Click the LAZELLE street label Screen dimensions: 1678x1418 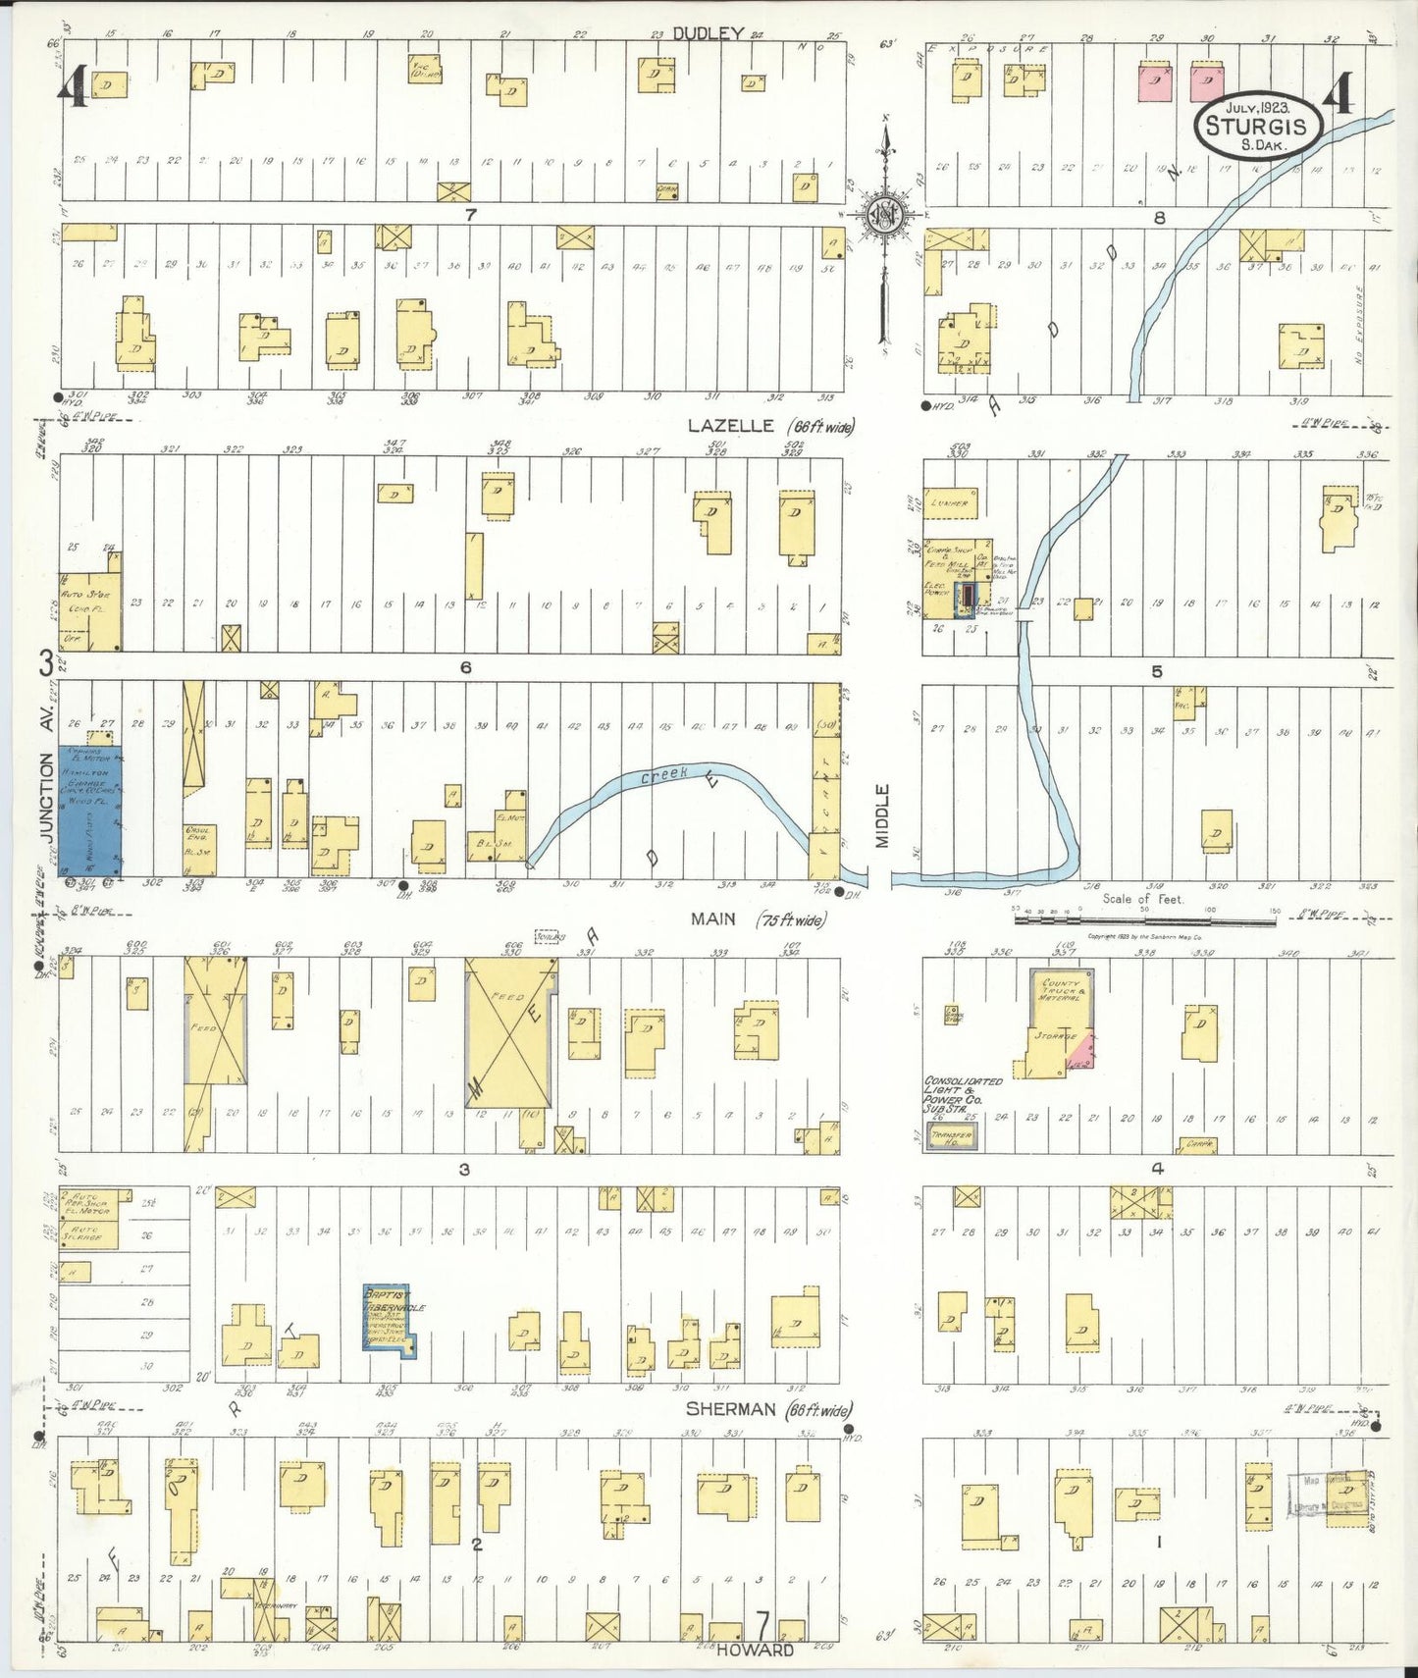pyautogui.click(x=727, y=426)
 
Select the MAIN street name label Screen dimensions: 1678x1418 pyautogui.click(x=713, y=918)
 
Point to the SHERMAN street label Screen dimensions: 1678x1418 pyautogui.click(x=730, y=1409)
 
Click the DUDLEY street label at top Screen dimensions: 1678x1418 pyautogui.click(x=709, y=33)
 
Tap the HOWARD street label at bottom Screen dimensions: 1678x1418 pyautogui.click(x=755, y=1651)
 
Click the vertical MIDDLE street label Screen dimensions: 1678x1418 pyautogui.click(x=882, y=815)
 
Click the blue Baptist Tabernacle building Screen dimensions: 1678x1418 pyautogui.click(x=389, y=1319)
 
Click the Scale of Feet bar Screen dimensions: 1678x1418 pyautogui.click(x=1144, y=921)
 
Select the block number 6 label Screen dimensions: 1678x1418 pyautogui.click(x=465, y=667)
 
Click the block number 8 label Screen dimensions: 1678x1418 pyautogui.click(x=1159, y=218)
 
